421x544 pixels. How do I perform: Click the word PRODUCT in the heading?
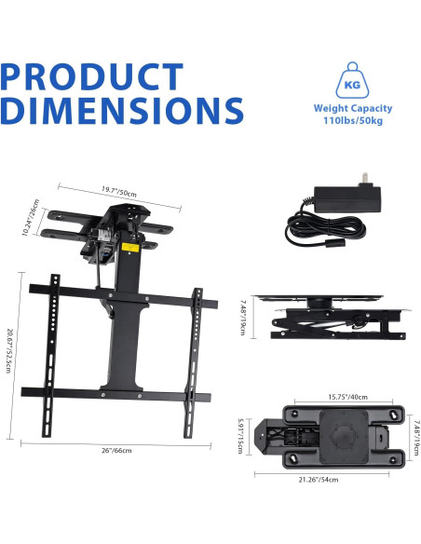point(92,76)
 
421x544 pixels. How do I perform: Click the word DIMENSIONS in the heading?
point(122,110)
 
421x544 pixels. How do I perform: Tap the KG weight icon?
point(352,80)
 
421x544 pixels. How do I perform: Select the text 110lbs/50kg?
point(353,121)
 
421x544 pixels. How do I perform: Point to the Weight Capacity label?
point(353,108)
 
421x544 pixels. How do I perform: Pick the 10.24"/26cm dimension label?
point(31,218)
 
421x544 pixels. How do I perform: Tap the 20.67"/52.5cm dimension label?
point(9,350)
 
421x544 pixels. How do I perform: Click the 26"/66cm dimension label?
point(116,450)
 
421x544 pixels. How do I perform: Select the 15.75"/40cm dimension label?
point(347,397)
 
